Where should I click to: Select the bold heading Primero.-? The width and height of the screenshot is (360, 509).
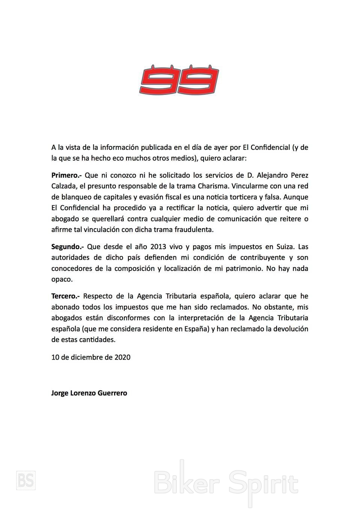click(66, 175)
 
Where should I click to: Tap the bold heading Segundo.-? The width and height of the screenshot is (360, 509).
click(67, 247)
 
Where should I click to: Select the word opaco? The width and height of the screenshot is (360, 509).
click(62, 280)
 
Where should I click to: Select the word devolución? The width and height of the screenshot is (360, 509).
click(290, 329)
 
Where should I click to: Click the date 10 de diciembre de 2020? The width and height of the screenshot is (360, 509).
click(91, 357)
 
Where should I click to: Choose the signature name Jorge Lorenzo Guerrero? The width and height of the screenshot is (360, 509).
click(89, 393)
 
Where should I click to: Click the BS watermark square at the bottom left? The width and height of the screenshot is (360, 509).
click(26, 480)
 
